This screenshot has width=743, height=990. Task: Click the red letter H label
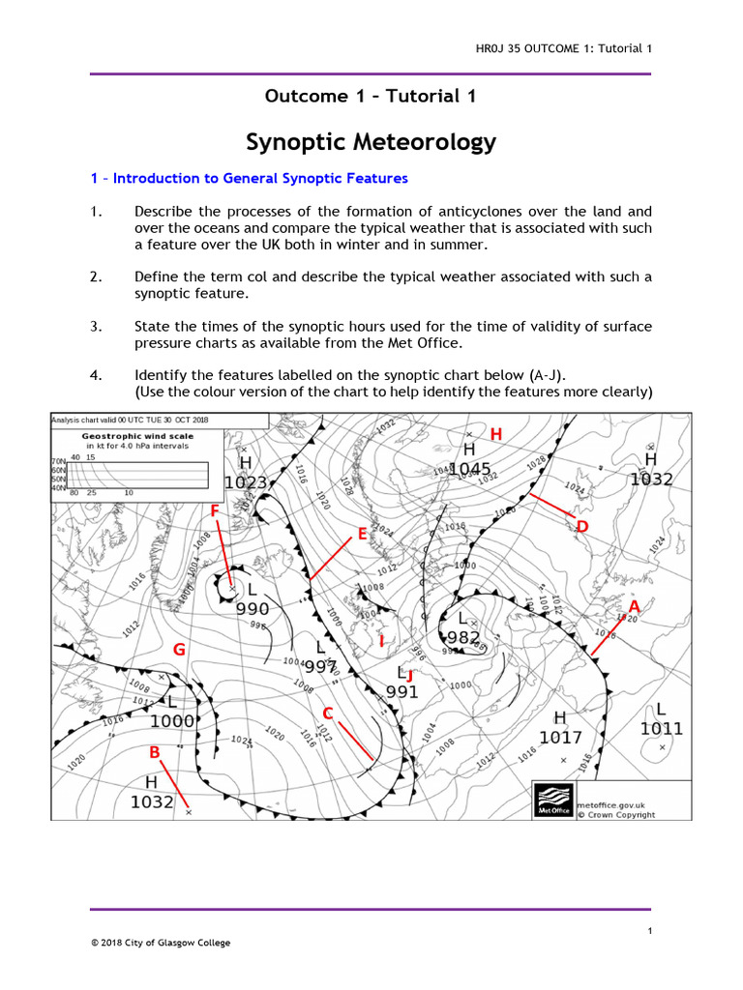tap(496, 434)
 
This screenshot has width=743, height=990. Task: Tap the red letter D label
tap(581, 526)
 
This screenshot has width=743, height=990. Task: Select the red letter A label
tap(634, 606)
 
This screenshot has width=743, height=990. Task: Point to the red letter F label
tap(215, 510)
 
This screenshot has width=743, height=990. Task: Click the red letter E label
tap(362, 534)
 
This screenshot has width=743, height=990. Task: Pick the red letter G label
tap(179, 650)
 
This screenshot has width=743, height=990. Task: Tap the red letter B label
tap(154, 751)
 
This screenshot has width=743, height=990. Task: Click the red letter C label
tap(328, 713)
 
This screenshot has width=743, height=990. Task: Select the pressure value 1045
tap(469, 470)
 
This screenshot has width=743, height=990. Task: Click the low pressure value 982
tap(463, 637)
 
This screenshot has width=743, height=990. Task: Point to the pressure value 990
tap(253, 608)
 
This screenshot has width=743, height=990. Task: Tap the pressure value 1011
tap(661, 728)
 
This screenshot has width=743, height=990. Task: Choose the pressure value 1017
tap(560, 738)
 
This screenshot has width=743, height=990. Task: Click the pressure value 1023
tap(246, 481)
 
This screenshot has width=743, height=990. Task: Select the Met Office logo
tap(552, 801)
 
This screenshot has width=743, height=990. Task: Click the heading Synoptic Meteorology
tap(371, 142)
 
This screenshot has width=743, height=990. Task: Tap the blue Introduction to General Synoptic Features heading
tap(249, 179)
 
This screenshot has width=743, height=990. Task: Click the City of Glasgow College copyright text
tap(161, 943)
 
